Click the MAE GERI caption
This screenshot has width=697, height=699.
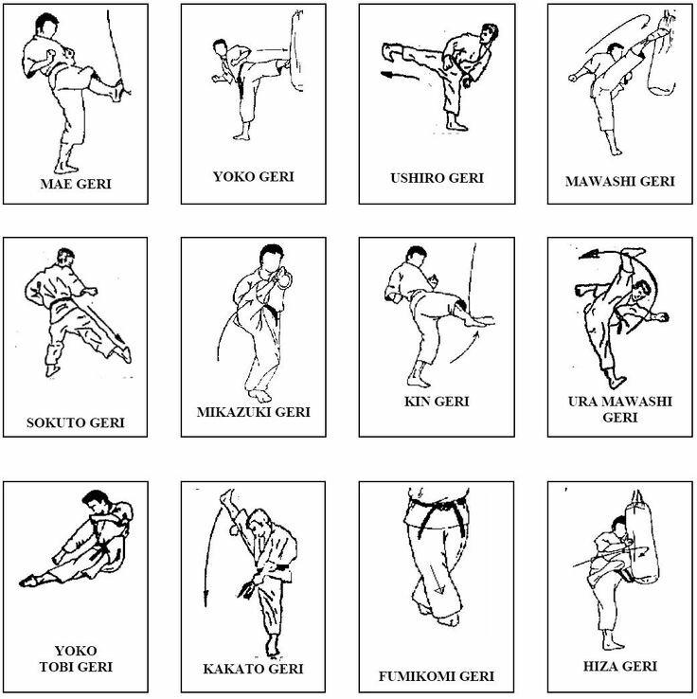coord(76,184)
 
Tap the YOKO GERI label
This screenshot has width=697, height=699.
coord(254,176)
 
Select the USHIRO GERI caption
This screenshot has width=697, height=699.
coord(437,178)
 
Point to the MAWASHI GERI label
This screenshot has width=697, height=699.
coord(620,182)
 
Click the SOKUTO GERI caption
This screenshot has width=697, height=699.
coord(76,422)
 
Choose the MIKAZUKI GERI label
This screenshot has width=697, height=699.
coord(253,411)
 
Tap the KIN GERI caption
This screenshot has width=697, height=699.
coord(437,402)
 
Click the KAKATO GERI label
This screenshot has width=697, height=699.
coord(253,669)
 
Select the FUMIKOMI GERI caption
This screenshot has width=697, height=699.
coord(437,676)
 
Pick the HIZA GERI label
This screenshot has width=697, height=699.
coord(620,666)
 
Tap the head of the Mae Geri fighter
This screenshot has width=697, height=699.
coord(45,26)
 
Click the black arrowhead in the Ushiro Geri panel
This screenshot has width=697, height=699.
coord(386,74)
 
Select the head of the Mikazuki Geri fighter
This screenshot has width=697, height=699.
coord(272,258)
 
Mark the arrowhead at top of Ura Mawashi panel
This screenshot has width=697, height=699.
coord(588,255)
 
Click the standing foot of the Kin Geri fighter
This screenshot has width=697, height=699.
coord(418,380)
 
